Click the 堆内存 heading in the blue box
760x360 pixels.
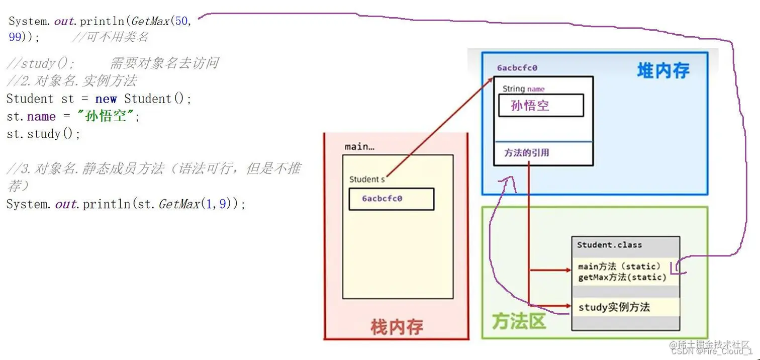point(663,71)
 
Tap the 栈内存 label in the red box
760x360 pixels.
point(397,327)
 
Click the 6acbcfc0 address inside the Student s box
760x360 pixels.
point(382,199)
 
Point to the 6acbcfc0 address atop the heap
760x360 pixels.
point(517,68)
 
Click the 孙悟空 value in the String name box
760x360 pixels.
point(530,106)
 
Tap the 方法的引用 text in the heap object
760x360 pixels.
point(526,153)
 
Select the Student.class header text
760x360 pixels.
point(609,245)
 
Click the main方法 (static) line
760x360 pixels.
point(619,266)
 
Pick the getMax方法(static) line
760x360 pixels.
point(622,277)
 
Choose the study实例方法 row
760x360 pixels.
point(614,307)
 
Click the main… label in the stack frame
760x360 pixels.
point(359,147)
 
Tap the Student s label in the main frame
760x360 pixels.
point(367,179)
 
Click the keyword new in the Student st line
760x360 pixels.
point(106,99)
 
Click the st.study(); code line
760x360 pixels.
point(43,134)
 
